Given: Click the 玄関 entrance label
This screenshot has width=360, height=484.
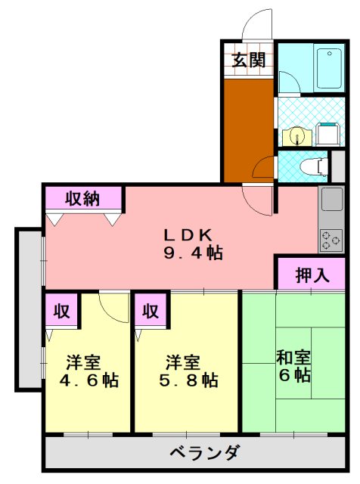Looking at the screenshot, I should click(x=247, y=60).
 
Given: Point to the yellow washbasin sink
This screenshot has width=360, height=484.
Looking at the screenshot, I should click(x=296, y=136).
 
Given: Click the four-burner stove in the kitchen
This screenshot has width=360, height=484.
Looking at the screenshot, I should click(x=331, y=240).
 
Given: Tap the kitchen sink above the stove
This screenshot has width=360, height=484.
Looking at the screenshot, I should click(x=331, y=200).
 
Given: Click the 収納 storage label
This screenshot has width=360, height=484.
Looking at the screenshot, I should click(x=82, y=199).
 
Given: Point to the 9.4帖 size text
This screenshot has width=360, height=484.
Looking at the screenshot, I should click(x=193, y=253).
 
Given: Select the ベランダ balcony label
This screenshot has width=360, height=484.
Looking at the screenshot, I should click(x=204, y=454).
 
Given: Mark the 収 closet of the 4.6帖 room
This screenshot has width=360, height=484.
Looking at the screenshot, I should click(x=61, y=311).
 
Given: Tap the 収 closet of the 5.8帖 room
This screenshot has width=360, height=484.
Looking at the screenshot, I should click(x=151, y=311).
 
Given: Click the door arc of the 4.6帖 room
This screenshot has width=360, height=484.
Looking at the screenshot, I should click(x=115, y=307).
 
